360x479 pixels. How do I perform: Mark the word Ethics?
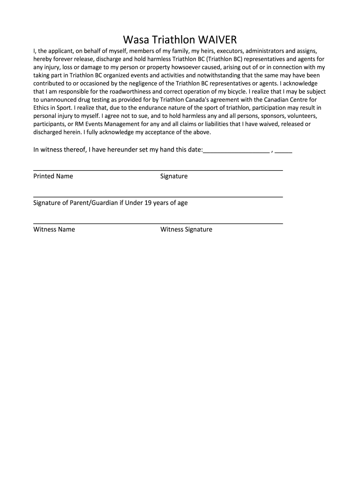43,108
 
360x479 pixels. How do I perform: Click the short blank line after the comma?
284,151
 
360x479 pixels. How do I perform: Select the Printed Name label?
53,176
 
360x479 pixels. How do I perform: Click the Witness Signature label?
186,230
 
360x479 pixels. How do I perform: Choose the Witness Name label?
54,230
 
